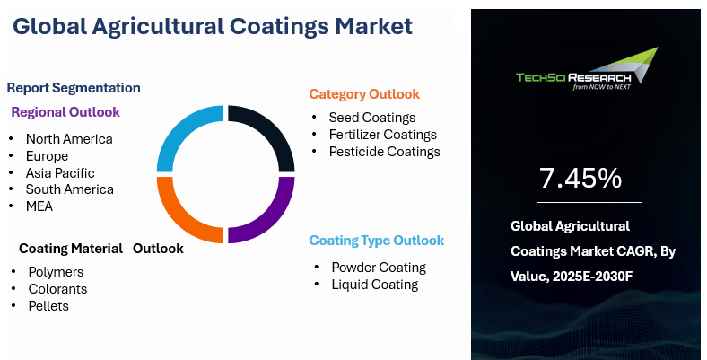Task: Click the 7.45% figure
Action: click(x=580, y=178)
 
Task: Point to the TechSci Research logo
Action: click(x=587, y=69)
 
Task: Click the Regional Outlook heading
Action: click(x=65, y=112)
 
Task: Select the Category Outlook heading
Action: click(x=364, y=94)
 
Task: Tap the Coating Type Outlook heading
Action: click(x=377, y=241)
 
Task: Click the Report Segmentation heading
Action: click(x=74, y=87)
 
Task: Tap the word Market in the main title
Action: click(x=373, y=26)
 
